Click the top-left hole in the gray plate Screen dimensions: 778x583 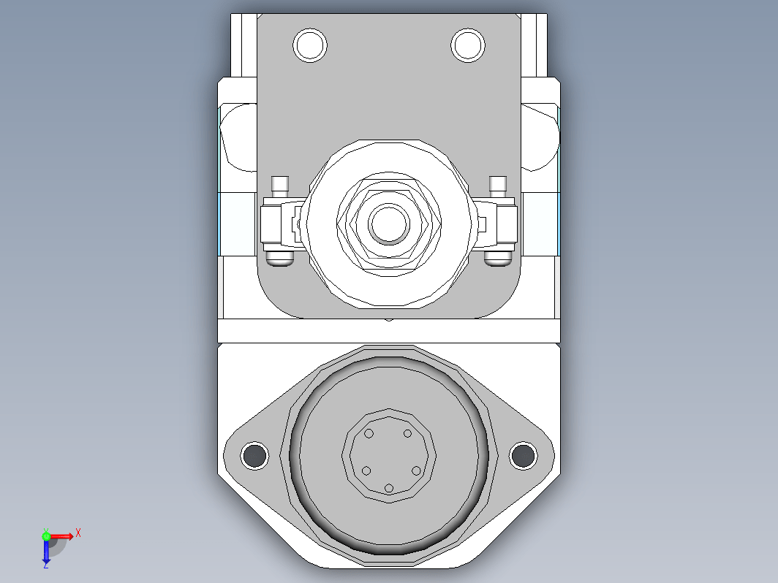[x=310, y=45]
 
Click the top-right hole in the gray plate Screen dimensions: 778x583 [x=468, y=45]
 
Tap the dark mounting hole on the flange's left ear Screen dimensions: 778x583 [x=254, y=456]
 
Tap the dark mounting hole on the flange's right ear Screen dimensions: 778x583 [x=523, y=456]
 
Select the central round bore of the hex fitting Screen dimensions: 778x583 [x=389, y=224]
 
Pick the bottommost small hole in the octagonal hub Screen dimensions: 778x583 [x=389, y=488]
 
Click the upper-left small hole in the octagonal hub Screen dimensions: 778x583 [x=369, y=434]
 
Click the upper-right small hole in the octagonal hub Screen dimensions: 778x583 [x=407, y=434]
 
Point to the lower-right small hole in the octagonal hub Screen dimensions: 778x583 [x=416, y=470]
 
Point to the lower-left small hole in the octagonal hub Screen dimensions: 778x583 [x=366, y=470]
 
